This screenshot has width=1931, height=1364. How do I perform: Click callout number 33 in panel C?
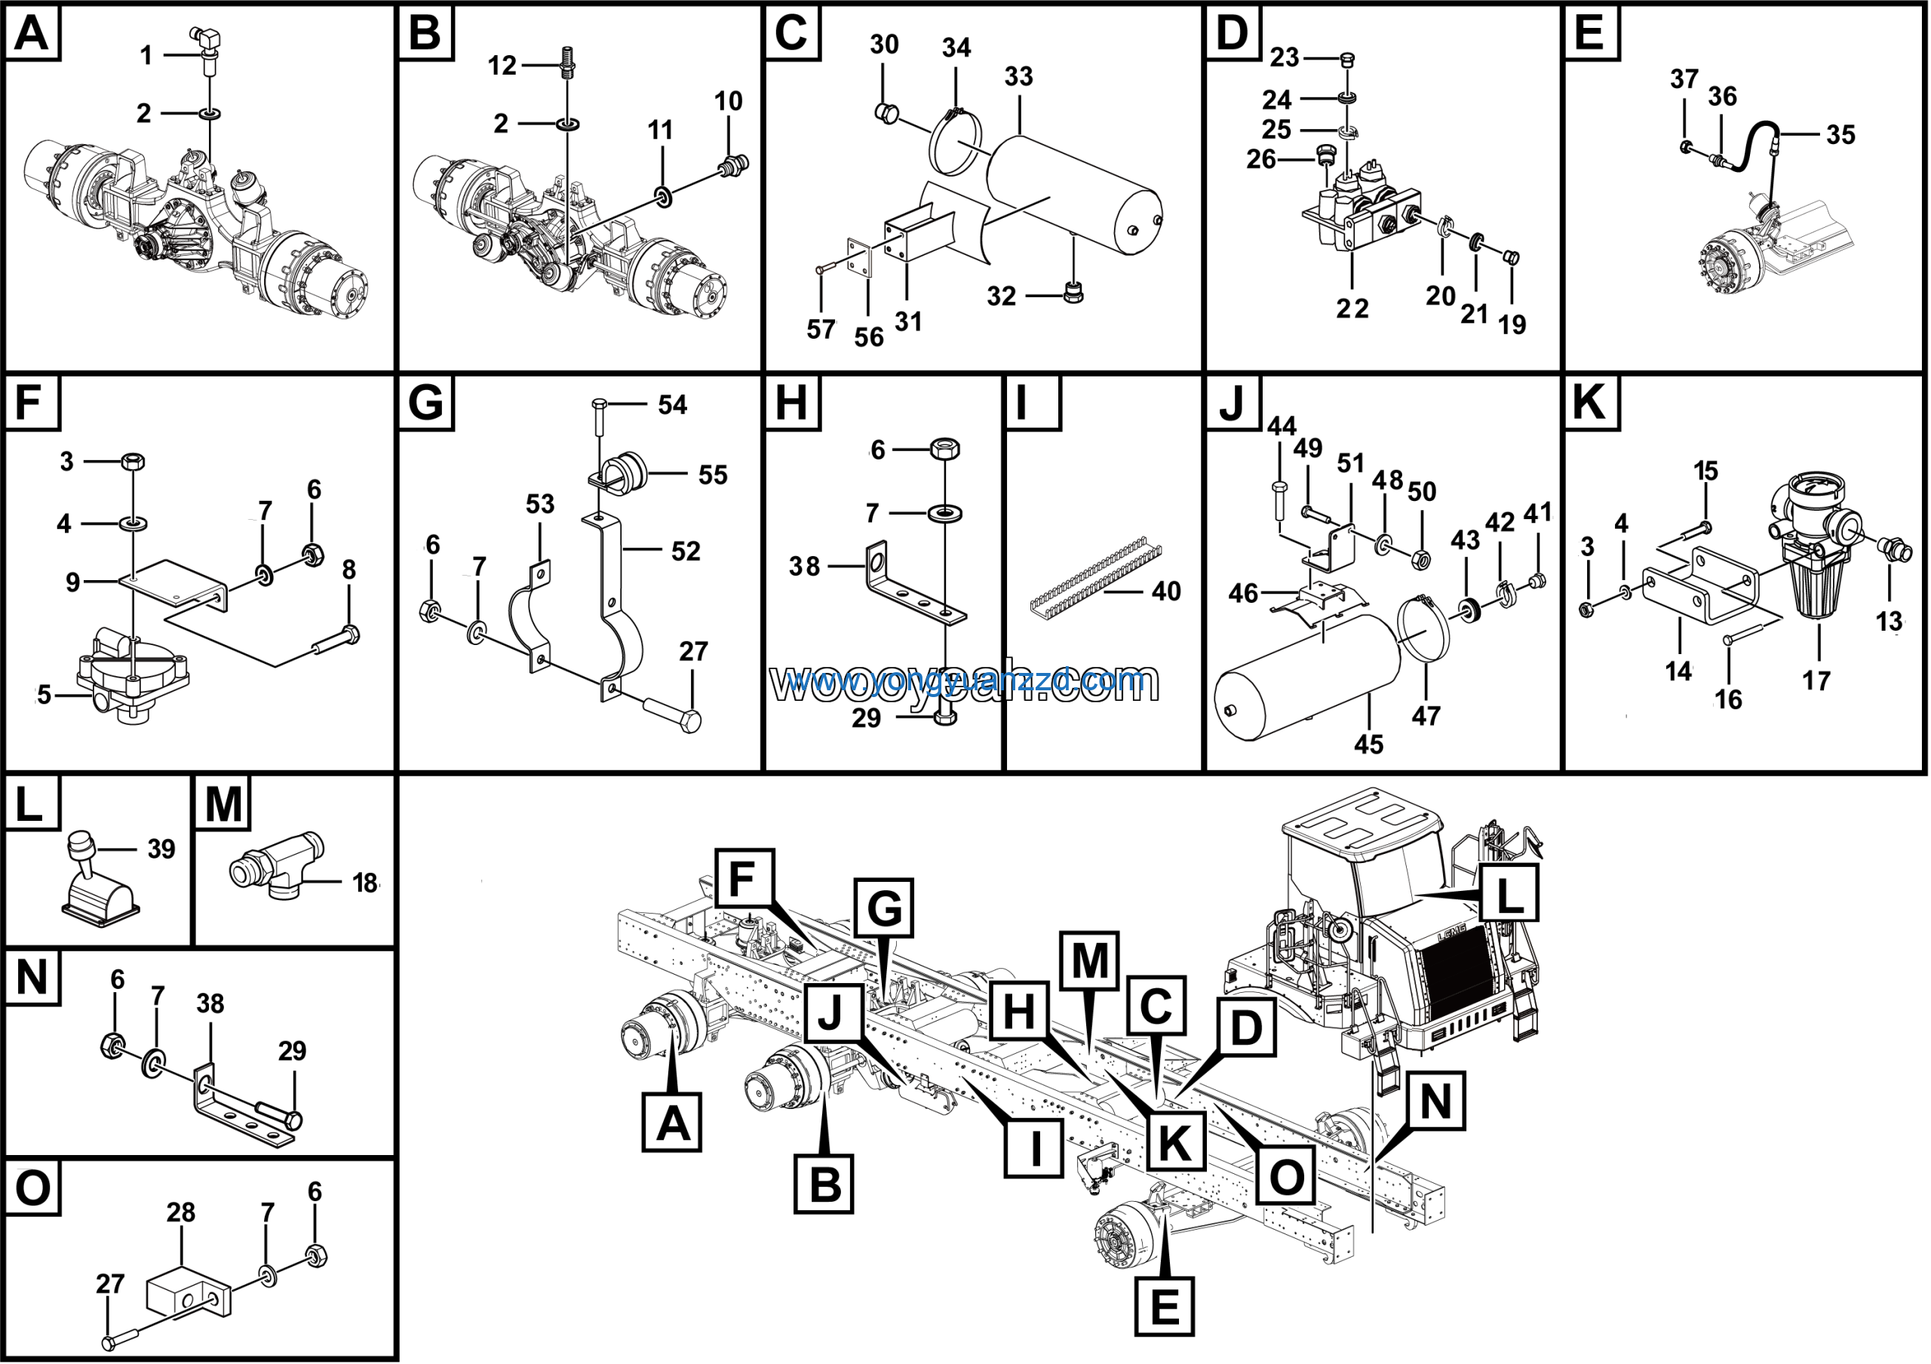[x=1018, y=76]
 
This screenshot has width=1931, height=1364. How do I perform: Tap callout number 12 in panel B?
[x=502, y=66]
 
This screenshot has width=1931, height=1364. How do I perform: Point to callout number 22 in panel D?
[x=1352, y=309]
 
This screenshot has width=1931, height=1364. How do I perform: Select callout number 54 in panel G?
[x=673, y=405]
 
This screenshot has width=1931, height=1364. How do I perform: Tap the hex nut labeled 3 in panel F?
[x=133, y=461]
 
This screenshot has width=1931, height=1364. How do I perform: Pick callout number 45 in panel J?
[x=1368, y=744]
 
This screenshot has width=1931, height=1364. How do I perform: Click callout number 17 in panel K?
[x=1816, y=680]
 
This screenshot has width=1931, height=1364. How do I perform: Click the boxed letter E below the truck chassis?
[x=1164, y=1307]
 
